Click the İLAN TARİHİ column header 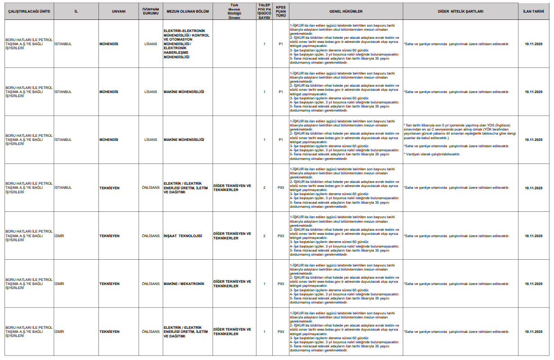tap(534, 11)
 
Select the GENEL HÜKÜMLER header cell tap(346, 11)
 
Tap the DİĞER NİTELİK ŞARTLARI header tap(460, 11)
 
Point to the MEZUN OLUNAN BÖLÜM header tap(187, 11)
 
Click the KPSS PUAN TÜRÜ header tap(280, 11)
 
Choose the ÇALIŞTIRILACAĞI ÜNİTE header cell tap(28, 11)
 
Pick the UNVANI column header tap(118, 11)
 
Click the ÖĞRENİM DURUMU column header tap(151, 11)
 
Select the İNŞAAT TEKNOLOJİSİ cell tap(182, 236)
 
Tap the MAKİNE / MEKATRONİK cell tap(184, 284)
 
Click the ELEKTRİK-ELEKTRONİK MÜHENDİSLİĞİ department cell tap(186, 44)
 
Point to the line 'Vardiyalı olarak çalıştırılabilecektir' tap(432, 154)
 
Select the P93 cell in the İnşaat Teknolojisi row tap(280, 236)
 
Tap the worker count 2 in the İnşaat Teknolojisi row tap(264, 236)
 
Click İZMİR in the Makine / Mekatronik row tap(59, 284)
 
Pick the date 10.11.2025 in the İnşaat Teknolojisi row tap(534, 236)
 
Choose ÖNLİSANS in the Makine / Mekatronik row tap(151, 284)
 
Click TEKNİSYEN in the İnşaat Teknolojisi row tap(110, 236)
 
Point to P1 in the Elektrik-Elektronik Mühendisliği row tap(280, 44)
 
